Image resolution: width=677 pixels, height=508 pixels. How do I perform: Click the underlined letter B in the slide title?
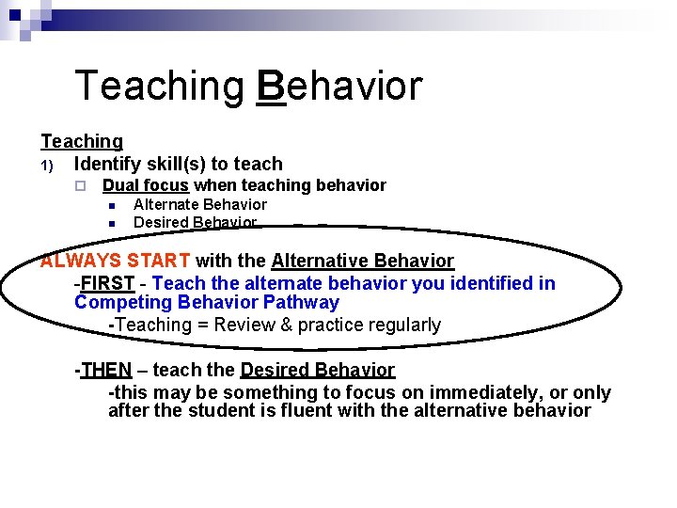click(x=271, y=86)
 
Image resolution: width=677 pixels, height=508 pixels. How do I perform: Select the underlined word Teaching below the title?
click(x=82, y=141)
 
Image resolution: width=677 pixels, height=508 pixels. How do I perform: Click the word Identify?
click(x=110, y=164)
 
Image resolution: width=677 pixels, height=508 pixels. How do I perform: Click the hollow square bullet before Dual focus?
click(x=82, y=186)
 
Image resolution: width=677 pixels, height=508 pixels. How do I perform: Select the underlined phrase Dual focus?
click(x=146, y=185)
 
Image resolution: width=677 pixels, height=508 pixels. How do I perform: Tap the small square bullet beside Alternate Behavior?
click(x=111, y=205)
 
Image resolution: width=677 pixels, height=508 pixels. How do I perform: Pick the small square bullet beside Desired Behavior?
click(x=111, y=223)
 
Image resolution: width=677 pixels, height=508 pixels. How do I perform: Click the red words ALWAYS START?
click(x=115, y=261)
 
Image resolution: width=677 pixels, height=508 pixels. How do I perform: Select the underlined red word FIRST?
click(x=107, y=283)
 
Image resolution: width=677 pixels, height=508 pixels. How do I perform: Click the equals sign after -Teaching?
click(x=201, y=325)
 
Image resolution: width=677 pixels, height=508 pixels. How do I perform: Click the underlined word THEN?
click(x=105, y=370)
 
